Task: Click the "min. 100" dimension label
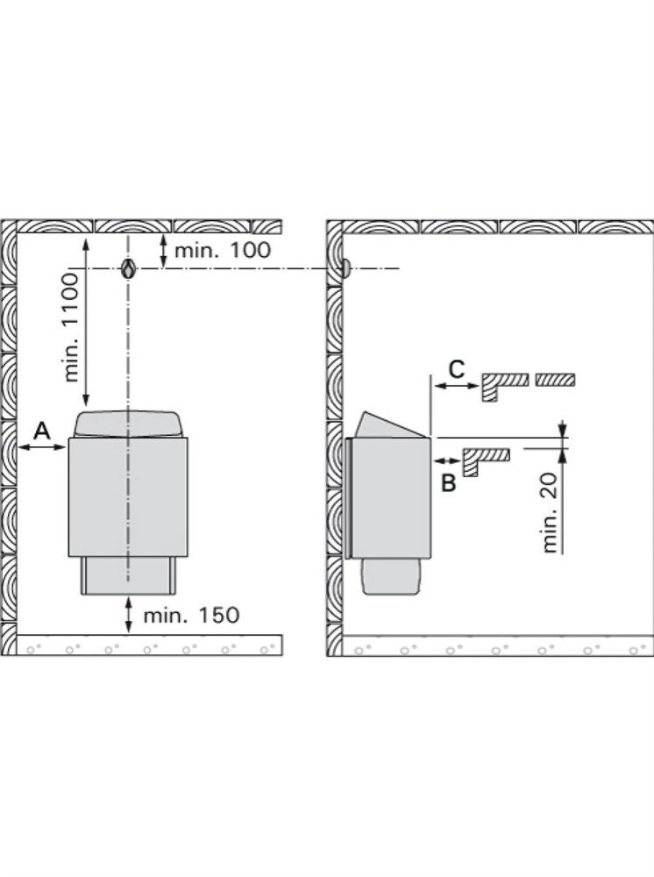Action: click(x=223, y=250)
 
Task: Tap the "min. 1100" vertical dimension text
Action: click(x=71, y=327)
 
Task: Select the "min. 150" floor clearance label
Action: click(x=191, y=616)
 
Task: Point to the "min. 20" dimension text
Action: click(x=551, y=512)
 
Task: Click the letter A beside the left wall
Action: click(x=42, y=431)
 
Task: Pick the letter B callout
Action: click(x=448, y=482)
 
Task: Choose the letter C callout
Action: click(x=457, y=368)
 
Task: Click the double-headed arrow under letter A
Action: click(x=42, y=447)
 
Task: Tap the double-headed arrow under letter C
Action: click(x=456, y=386)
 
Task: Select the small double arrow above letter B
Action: click(x=445, y=461)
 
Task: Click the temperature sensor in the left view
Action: click(x=129, y=269)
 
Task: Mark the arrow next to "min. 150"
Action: click(x=129, y=615)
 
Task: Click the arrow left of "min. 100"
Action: click(x=163, y=251)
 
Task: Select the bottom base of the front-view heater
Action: click(x=129, y=575)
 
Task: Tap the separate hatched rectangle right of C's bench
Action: click(x=555, y=380)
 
